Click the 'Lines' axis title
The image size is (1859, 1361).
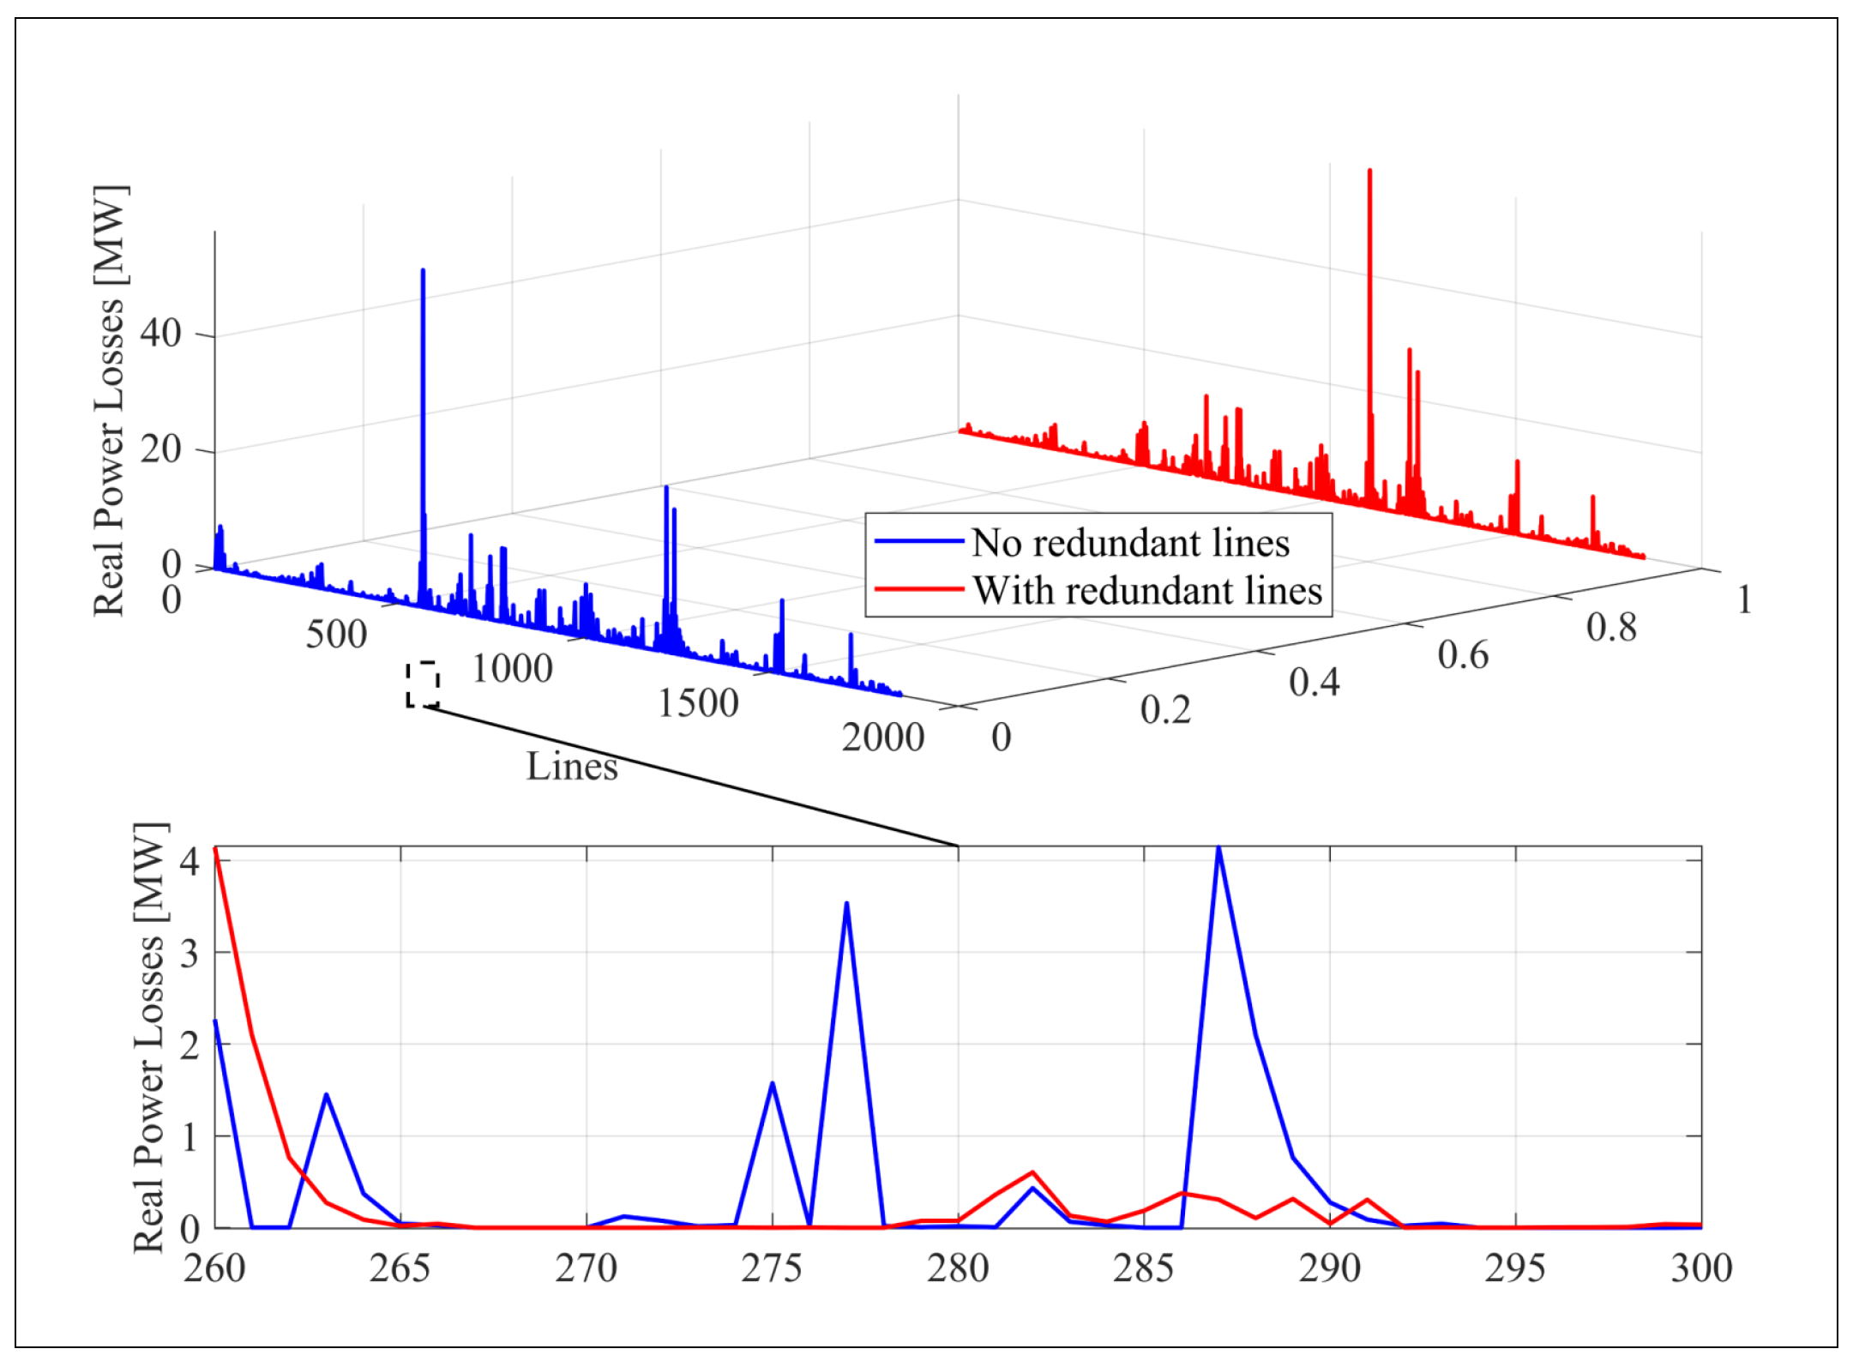(x=572, y=767)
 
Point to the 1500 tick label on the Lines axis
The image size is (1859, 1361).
(x=698, y=703)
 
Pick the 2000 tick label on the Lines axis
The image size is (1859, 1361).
(x=883, y=738)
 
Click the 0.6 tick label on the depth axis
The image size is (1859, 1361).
(x=1463, y=655)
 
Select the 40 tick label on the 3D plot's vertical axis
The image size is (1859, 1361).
(x=161, y=333)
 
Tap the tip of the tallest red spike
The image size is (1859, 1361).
(x=1369, y=171)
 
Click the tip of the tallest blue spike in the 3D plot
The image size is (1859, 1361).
(x=423, y=270)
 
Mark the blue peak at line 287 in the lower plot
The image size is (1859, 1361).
(x=1218, y=848)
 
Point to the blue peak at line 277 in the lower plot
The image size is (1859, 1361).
(x=846, y=903)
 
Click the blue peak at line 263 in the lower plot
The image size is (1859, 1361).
(x=326, y=1095)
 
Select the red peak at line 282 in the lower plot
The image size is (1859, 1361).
(x=1032, y=1172)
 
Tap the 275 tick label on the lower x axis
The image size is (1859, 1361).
(x=772, y=1268)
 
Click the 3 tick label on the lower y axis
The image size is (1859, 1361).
(x=190, y=953)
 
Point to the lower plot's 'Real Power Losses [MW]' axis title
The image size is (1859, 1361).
(x=149, y=1038)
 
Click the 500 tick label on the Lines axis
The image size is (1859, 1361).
(x=336, y=635)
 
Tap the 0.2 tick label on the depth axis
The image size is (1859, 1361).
(x=1165, y=710)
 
